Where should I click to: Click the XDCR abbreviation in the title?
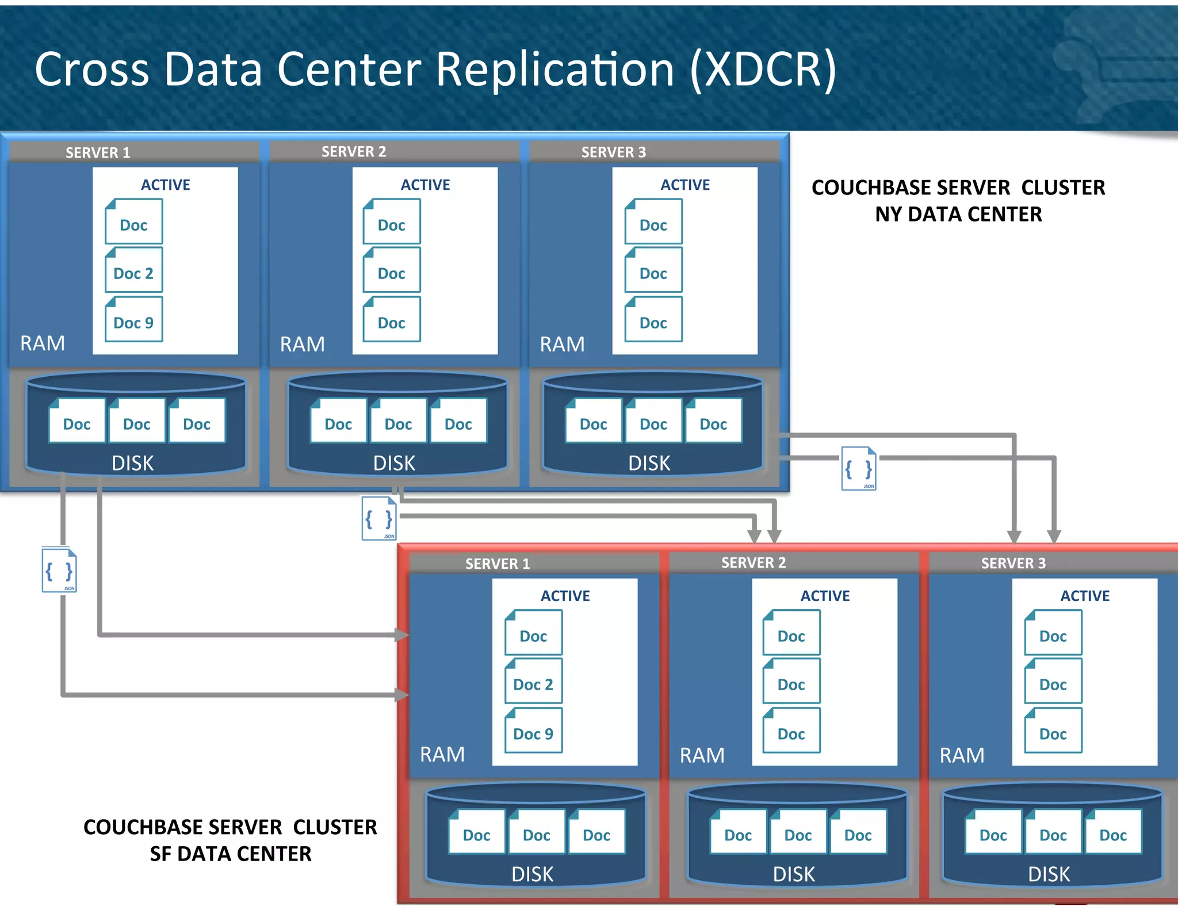pos(762,69)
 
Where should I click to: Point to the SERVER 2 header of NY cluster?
pos(354,151)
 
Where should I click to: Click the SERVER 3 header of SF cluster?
pos(1013,563)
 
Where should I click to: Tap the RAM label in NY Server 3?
pos(562,344)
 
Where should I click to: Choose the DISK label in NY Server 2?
pos(394,463)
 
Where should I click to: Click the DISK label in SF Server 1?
pos(532,874)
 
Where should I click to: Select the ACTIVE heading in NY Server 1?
pos(166,185)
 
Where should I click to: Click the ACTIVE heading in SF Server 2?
pos(825,596)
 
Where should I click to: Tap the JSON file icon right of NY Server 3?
pos(858,469)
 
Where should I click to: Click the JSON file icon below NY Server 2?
pos(378,518)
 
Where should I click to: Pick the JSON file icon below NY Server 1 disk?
pos(59,571)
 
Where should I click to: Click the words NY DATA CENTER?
pos(958,215)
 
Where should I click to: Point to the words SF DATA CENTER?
pos(230,854)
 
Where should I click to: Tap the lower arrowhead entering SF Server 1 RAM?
pos(403,695)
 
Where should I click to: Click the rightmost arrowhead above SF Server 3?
pos(1054,537)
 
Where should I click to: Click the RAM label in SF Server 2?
pos(702,755)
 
